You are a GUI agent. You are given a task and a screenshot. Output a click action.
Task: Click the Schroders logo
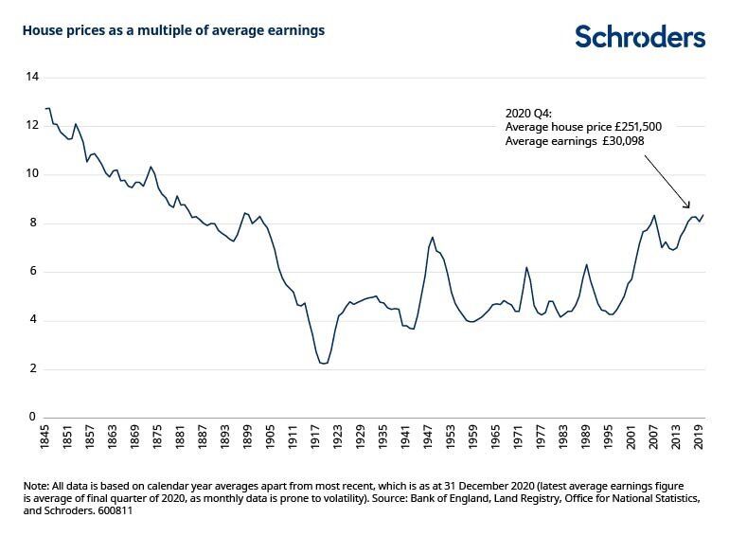point(640,37)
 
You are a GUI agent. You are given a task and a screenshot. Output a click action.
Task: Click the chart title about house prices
point(173,30)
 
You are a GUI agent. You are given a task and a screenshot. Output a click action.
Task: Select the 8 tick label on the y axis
point(33,223)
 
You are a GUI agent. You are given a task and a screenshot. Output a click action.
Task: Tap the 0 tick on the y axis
point(33,418)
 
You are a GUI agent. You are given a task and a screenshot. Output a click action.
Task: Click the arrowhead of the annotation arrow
point(688,207)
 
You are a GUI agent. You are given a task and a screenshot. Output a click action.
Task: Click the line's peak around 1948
point(433,238)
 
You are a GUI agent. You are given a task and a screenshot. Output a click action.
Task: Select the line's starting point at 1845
point(45,108)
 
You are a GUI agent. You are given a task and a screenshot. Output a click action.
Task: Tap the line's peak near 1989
point(587,264)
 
